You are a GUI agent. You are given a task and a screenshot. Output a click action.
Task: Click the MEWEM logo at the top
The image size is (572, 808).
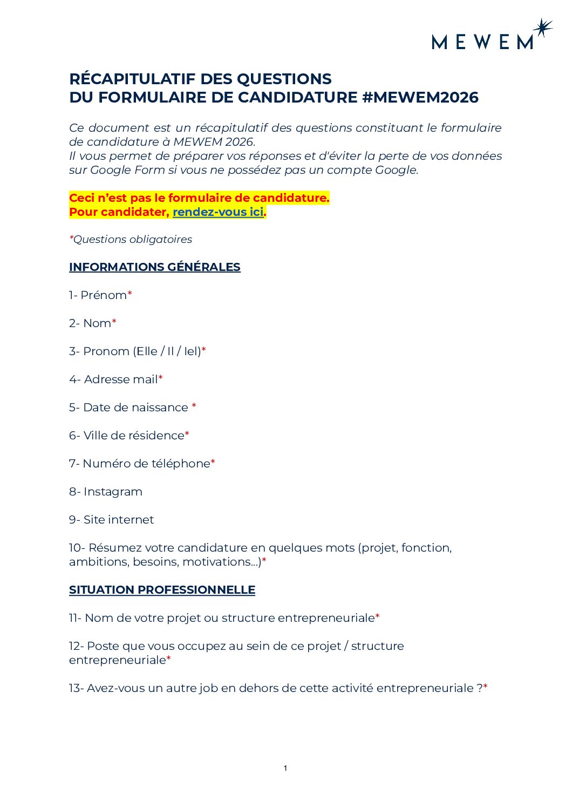coord(482,42)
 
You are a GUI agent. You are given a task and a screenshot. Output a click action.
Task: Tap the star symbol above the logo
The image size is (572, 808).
coord(542,28)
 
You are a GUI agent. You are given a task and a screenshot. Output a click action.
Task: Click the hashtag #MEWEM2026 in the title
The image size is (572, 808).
coord(420,98)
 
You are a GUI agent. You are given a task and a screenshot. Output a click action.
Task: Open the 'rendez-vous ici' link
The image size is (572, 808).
coord(218,212)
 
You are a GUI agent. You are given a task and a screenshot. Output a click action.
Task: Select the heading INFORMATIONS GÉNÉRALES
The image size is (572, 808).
coord(155,267)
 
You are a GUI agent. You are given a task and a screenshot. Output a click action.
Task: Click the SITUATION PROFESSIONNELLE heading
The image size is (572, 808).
coord(162,590)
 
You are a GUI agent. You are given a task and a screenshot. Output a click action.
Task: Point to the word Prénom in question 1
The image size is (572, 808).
coord(104,295)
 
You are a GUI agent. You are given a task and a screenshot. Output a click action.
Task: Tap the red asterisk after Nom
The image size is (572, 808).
coord(114,322)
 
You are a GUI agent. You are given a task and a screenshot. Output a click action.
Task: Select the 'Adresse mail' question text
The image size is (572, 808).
coord(120,379)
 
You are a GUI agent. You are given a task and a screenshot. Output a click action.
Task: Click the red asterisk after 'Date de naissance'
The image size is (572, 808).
coord(194,406)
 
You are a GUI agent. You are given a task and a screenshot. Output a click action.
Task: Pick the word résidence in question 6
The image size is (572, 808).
coord(159,436)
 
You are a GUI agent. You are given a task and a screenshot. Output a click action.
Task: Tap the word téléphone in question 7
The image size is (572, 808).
coord(184,464)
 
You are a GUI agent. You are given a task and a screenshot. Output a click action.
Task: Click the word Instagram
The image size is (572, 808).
coord(113,492)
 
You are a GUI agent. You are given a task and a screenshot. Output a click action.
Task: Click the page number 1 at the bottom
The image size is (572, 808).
coord(285,768)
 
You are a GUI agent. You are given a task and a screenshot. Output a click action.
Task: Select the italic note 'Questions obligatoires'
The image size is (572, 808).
coord(133,240)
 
